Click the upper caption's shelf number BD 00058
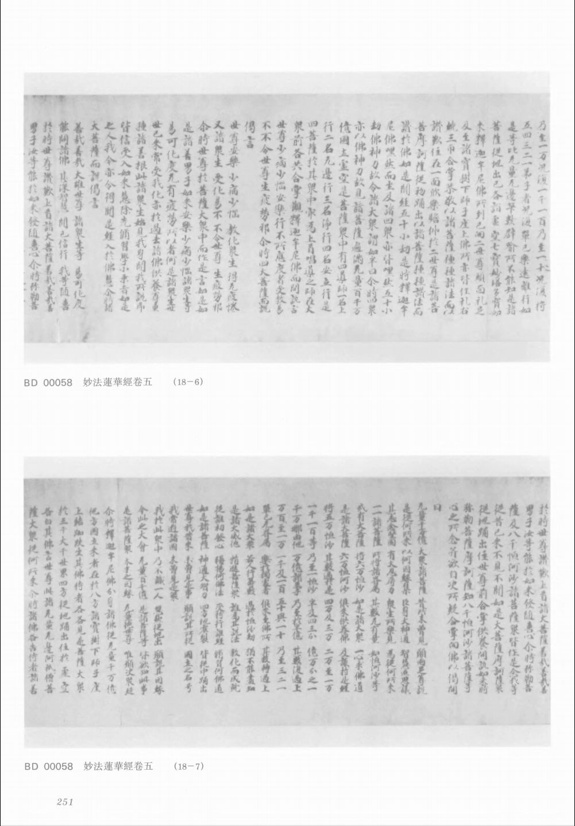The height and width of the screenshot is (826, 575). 48,382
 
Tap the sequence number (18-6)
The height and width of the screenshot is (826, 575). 188,382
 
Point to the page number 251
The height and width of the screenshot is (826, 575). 64,802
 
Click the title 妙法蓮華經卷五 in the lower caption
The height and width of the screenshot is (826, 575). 118,766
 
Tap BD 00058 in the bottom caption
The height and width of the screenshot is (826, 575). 48,766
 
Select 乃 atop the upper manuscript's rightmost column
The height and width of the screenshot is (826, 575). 542,123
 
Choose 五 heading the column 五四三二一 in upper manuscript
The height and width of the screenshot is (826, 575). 530,123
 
